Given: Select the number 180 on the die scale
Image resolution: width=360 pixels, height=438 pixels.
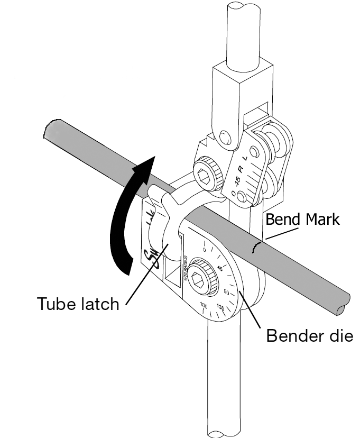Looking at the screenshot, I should [x=204, y=307].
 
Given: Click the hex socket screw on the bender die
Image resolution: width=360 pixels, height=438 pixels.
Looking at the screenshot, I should [x=202, y=276].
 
